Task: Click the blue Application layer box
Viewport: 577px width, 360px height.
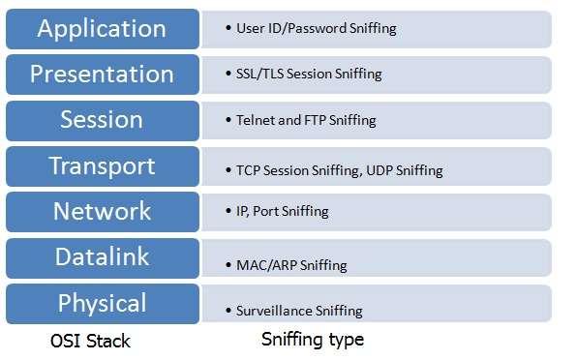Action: [x=102, y=28]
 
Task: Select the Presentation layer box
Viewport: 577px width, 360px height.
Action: [x=102, y=74]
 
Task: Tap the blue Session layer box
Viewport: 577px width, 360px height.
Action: [x=102, y=120]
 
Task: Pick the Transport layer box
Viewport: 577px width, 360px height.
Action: [x=102, y=166]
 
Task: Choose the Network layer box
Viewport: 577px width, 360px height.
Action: [x=102, y=211]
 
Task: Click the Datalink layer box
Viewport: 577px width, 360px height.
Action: [x=102, y=257]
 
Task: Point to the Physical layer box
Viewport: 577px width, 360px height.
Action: [x=102, y=303]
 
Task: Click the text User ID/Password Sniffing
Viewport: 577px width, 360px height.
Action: [x=317, y=28]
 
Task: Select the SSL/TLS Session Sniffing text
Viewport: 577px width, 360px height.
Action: [x=309, y=74]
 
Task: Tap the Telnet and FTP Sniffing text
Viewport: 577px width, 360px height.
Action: [x=306, y=121]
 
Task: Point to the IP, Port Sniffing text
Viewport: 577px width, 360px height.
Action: [x=283, y=211]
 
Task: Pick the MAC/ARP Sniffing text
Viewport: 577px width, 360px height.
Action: [x=291, y=264]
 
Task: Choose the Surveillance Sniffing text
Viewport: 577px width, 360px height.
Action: [x=299, y=311]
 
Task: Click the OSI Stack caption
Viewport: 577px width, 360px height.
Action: [x=89, y=341]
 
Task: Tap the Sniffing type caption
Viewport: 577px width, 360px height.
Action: [x=313, y=340]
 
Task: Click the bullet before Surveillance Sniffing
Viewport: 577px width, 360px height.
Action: [x=227, y=311]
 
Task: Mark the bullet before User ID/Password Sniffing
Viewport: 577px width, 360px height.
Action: [x=227, y=28]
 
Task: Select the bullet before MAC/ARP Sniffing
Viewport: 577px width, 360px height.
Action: [x=227, y=264]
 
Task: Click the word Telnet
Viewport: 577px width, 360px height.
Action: [x=255, y=121]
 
